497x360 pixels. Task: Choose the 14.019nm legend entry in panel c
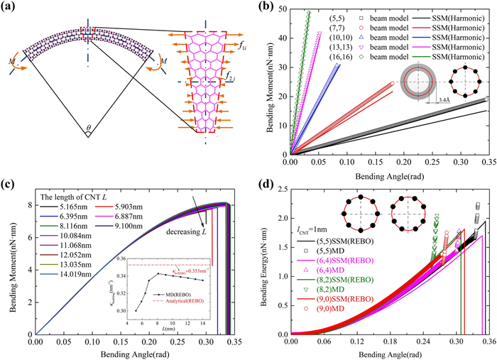tap(58, 292)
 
